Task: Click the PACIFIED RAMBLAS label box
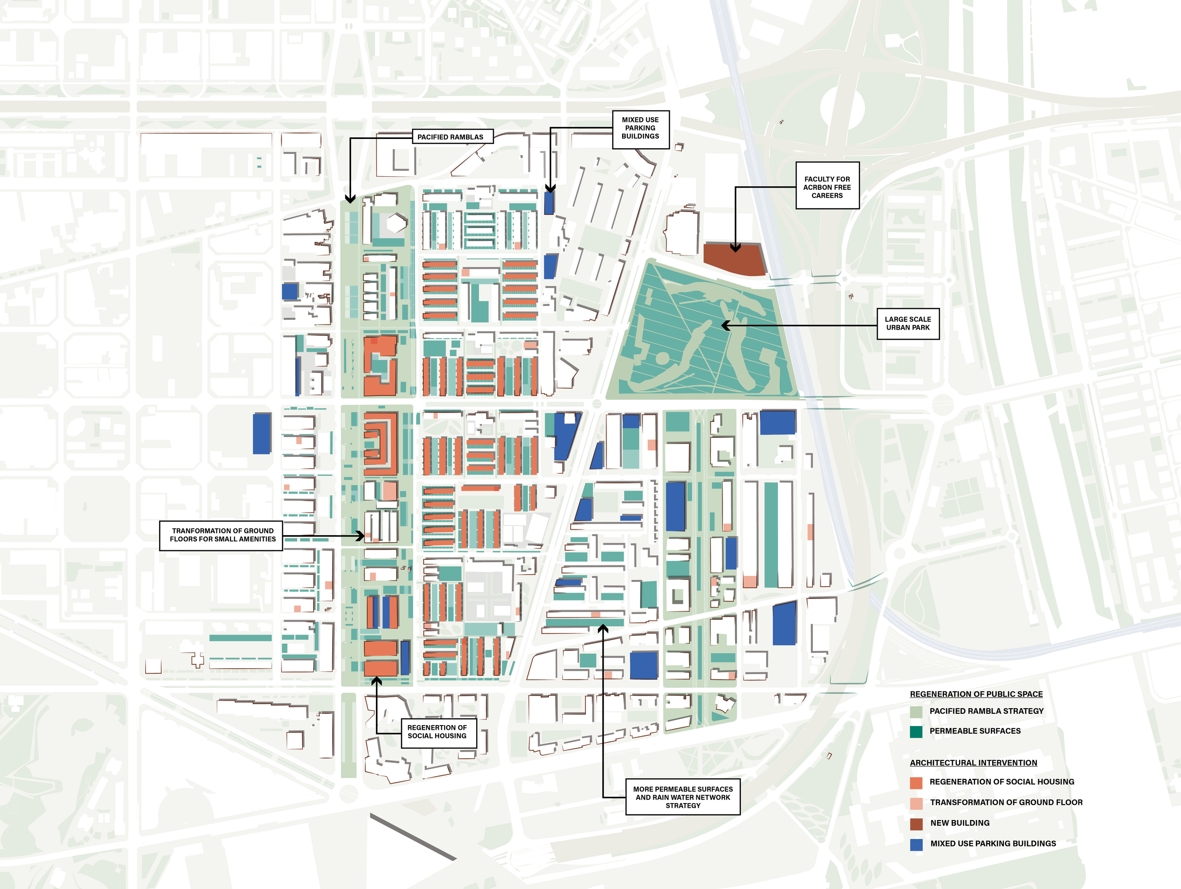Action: tap(452, 137)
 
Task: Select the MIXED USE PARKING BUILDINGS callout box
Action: tap(640, 128)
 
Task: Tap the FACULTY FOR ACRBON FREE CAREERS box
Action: tap(827, 186)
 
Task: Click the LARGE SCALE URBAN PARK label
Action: tap(907, 324)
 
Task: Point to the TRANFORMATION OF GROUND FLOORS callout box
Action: tap(221, 535)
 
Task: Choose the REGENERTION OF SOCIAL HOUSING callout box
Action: tap(438, 732)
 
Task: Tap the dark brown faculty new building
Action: tap(734, 260)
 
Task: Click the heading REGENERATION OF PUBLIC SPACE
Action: tap(976, 694)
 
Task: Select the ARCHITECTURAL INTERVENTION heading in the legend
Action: tap(973, 763)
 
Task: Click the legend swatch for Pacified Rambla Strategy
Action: tap(916, 712)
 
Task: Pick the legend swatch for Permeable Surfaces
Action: tap(916, 732)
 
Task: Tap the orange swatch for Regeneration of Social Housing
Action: tap(916, 783)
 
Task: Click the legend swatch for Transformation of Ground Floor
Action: tap(916, 804)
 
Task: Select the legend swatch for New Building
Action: tap(916, 824)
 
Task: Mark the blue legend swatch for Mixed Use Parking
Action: tap(916, 844)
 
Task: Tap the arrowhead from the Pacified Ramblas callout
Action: tap(350, 199)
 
